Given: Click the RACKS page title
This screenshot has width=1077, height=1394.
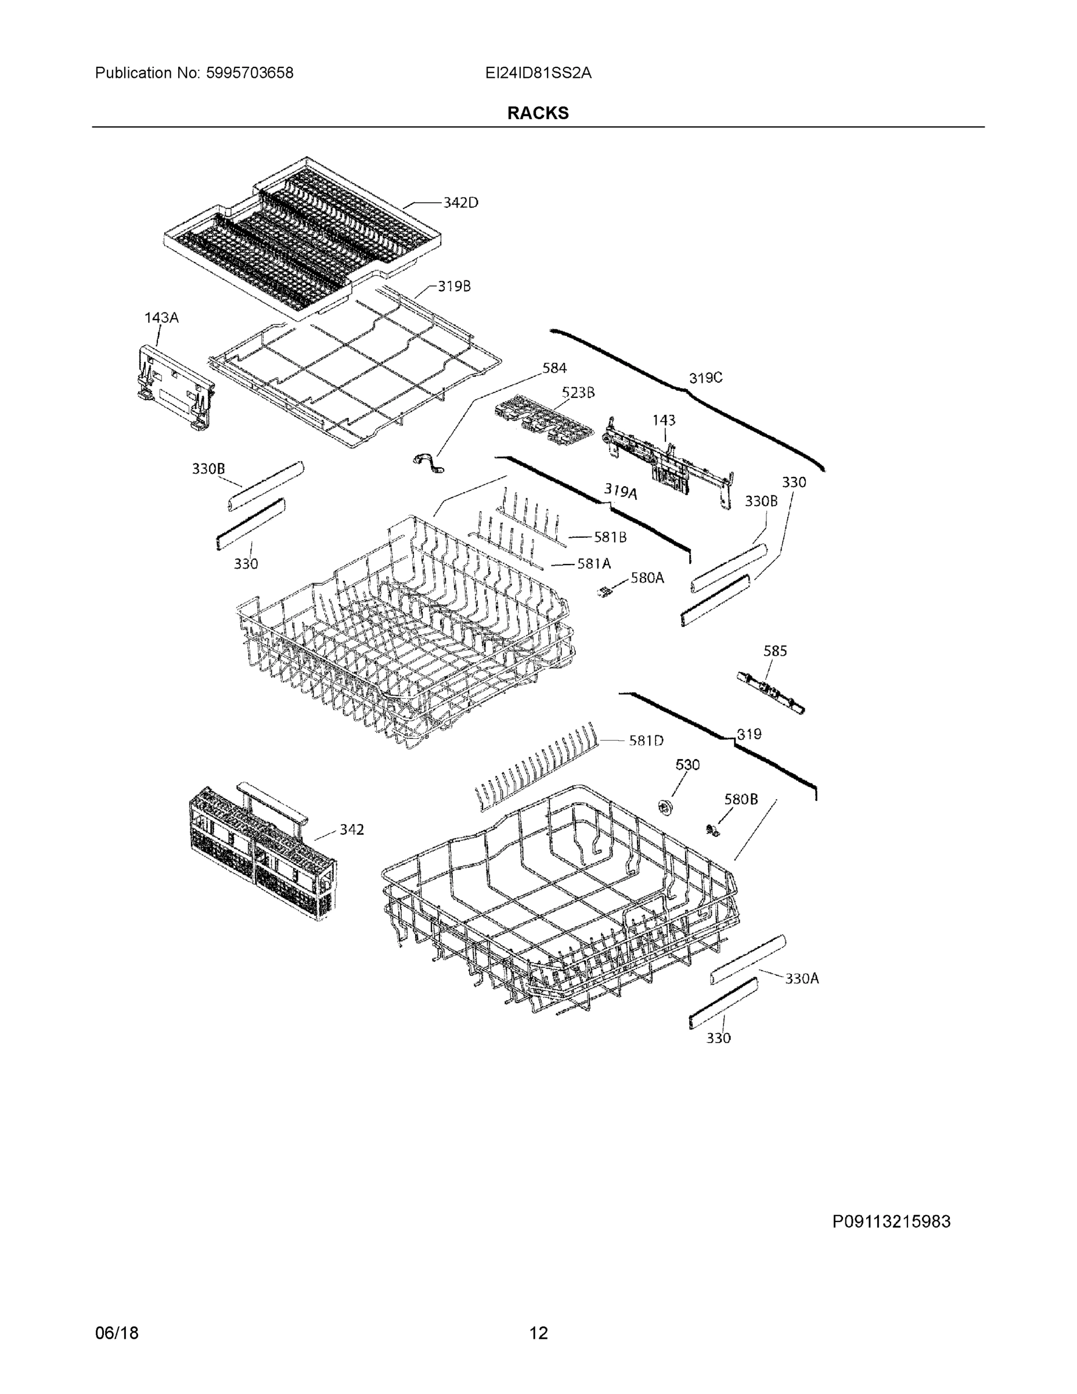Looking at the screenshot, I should pyautogui.click(x=537, y=113).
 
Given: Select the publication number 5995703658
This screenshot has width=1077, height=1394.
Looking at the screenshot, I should pyautogui.click(x=249, y=73).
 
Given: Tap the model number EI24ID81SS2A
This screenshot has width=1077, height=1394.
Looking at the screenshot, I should pyautogui.click(x=538, y=73).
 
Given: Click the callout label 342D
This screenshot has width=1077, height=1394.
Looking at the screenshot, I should pyautogui.click(x=460, y=203).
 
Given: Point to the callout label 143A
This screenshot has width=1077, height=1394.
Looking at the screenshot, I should pyautogui.click(x=161, y=318).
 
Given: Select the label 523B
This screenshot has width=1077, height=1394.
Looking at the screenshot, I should pyautogui.click(x=578, y=393).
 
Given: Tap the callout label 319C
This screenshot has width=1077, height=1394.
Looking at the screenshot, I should pyautogui.click(x=705, y=379).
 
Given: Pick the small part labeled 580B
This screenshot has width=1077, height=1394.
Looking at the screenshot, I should pyautogui.click(x=712, y=830).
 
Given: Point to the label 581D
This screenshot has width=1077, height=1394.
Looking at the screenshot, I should pyautogui.click(x=646, y=741).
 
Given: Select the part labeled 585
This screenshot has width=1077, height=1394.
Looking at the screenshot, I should pyautogui.click(x=769, y=691).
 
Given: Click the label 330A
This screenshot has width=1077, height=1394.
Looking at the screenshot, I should pyautogui.click(x=801, y=978).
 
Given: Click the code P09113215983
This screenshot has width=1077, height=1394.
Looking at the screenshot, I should pyautogui.click(x=891, y=1221).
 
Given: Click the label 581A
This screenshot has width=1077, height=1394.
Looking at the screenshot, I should pyautogui.click(x=593, y=563).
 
